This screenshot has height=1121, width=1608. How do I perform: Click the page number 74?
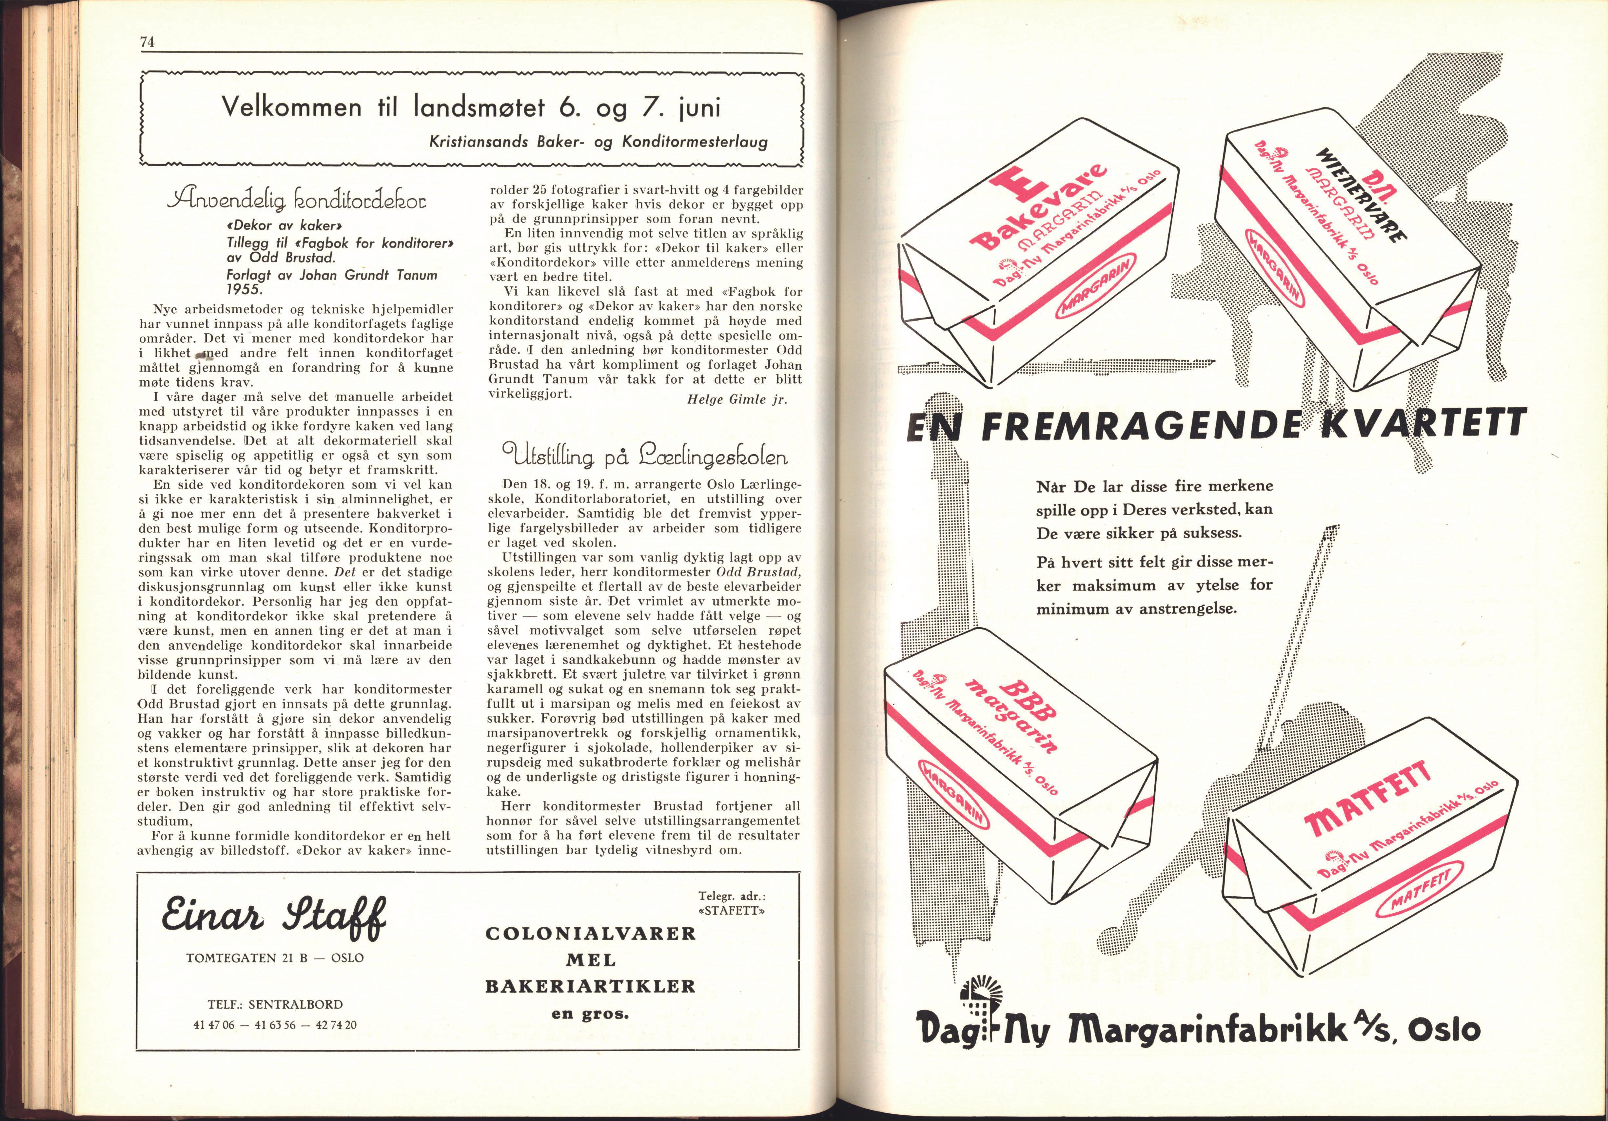pos(147,42)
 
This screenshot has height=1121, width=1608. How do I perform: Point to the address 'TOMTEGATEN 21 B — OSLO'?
pos(275,957)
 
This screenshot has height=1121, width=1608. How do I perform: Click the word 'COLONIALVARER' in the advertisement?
pos(590,934)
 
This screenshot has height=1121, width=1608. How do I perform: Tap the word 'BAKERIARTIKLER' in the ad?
pos(590,987)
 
